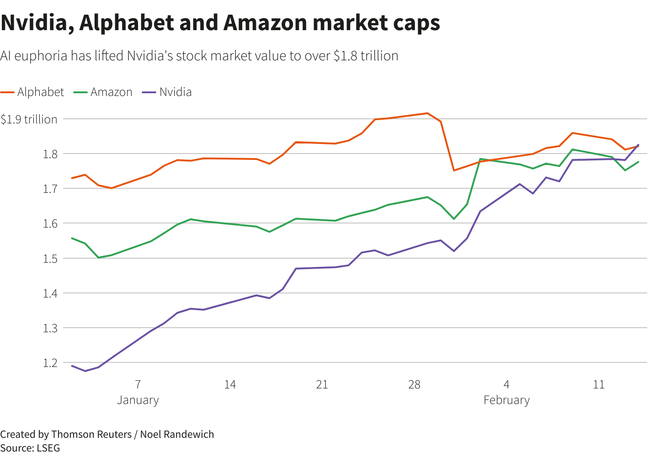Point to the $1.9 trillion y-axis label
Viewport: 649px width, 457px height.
tap(29, 119)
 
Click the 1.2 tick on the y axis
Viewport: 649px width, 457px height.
tap(50, 363)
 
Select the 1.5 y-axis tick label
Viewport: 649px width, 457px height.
tap(50, 259)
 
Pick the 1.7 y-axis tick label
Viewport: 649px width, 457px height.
tap(50, 189)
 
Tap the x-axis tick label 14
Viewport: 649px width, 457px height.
tap(230, 385)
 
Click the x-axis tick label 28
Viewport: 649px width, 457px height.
tap(414, 385)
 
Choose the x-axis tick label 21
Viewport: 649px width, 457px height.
tap(322, 385)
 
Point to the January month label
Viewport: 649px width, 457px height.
tap(138, 400)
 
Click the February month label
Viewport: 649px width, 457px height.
tap(506, 400)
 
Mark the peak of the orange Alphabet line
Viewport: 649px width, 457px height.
tap(427, 113)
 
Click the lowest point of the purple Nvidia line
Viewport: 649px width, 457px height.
tap(85, 371)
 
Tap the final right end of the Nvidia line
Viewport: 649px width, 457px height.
tap(638, 145)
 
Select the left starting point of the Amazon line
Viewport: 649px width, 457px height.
tap(72, 238)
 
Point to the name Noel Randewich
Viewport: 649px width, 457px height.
tap(177, 434)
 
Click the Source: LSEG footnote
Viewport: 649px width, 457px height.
tap(30, 448)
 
